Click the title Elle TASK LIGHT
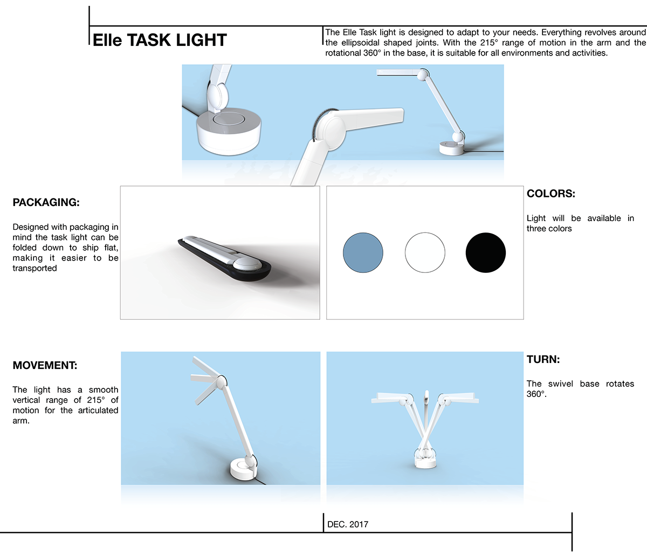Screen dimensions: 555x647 click(x=160, y=40)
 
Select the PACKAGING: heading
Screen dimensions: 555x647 click(x=46, y=203)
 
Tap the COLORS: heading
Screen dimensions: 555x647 click(x=550, y=194)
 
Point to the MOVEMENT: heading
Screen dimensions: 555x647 click(x=45, y=366)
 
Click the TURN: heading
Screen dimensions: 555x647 click(x=543, y=360)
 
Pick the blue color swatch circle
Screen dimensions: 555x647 click(x=363, y=252)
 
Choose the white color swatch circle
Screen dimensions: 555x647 click(x=425, y=252)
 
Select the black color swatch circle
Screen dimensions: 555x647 click(x=485, y=252)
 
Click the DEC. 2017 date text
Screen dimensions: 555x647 click(x=348, y=524)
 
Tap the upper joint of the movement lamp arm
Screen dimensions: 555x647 click(x=221, y=382)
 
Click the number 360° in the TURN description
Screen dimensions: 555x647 click(x=536, y=394)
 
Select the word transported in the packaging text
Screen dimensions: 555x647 click(x=35, y=269)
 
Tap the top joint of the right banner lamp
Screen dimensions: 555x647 click(x=424, y=74)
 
